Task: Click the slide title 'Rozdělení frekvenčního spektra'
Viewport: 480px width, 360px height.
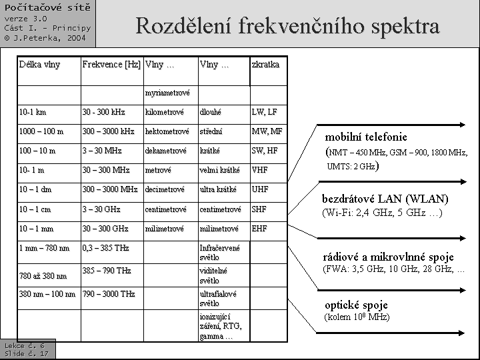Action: tap(287, 26)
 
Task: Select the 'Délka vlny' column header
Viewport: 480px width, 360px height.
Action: tap(39, 65)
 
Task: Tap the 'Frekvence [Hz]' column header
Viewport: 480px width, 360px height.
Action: tap(111, 65)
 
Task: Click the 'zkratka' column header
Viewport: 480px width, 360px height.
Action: tap(265, 65)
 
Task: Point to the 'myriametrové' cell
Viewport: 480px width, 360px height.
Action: tap(167, 93)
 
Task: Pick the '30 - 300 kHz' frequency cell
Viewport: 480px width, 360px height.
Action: tap(104, 112)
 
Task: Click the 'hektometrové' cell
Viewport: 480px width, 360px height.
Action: tap(167, 131)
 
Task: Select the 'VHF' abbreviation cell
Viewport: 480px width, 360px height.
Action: tap(261, 170)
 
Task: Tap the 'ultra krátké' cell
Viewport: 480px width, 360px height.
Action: tap(218, 189)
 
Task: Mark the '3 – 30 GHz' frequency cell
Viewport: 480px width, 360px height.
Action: tap(101, 209)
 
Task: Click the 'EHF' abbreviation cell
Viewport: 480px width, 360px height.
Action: tap(260, 229)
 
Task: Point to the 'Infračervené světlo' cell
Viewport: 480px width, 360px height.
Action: tap(219, 252)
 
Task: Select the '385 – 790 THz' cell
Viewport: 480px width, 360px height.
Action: tap(107, 271)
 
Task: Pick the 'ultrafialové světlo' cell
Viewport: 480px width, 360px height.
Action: tap(218, 298)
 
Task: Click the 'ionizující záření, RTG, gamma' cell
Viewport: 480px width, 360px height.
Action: tap(221, 326)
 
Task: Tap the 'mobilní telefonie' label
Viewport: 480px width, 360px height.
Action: tap(366, 137)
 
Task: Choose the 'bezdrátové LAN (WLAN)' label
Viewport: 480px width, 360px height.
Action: tap(385, 199)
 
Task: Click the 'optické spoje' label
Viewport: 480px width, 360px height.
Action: tap(356, 305)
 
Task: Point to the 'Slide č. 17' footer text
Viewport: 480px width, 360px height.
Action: tap(26, 353)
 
